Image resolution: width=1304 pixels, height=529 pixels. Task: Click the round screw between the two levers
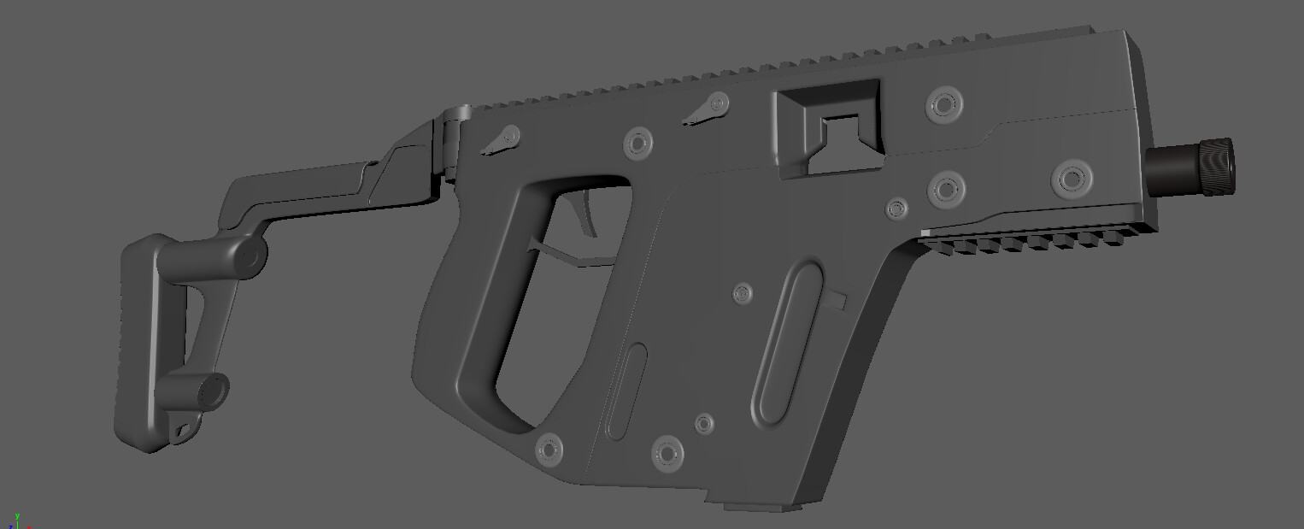point(638,143)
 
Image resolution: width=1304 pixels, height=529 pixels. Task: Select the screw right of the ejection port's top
point(943,104)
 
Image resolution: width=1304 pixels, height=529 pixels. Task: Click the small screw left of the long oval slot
point(743,294)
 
